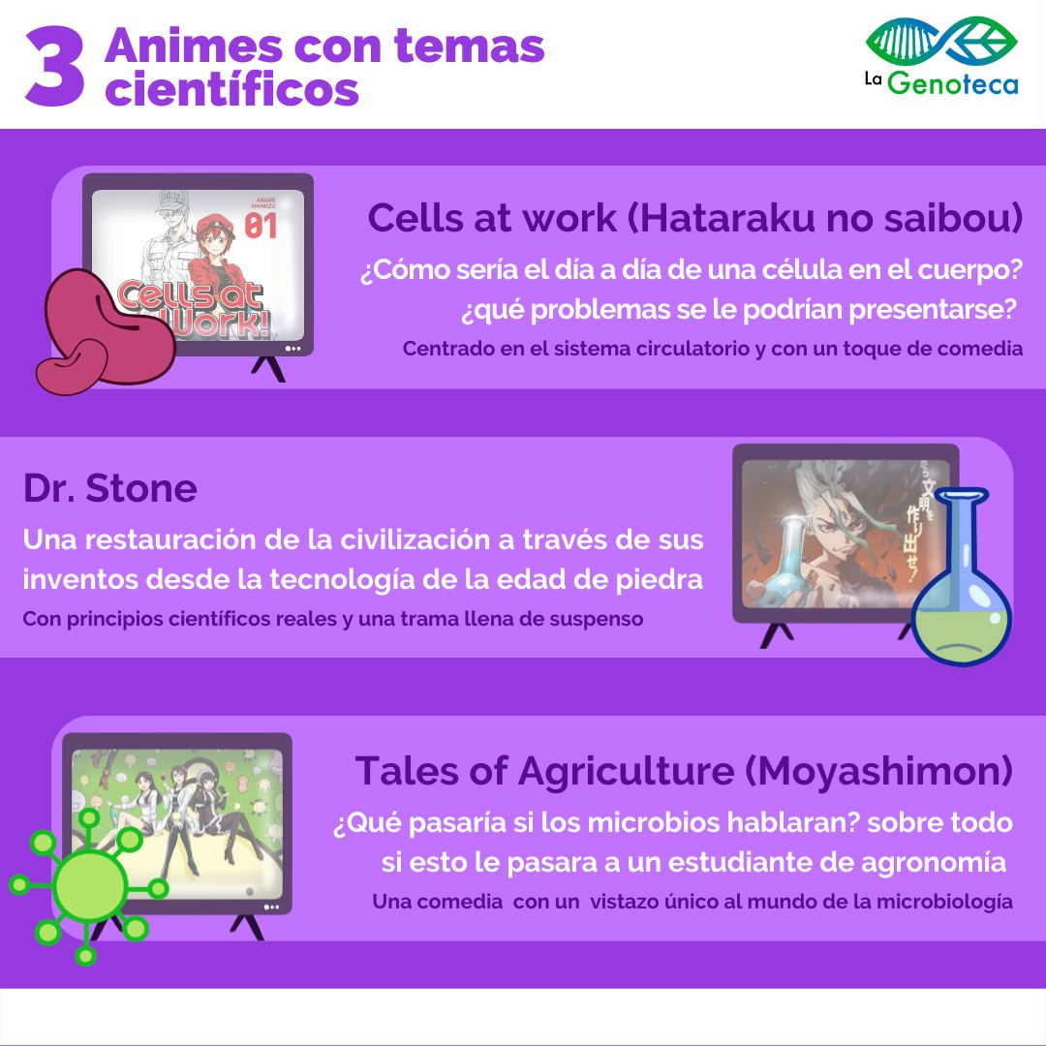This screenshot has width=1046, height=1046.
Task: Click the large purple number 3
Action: [55, 67]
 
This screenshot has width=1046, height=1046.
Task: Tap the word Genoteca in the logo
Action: [953, 82]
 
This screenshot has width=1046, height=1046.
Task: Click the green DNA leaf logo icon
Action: [941, 40]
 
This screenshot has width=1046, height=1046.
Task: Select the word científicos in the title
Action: [232, 89]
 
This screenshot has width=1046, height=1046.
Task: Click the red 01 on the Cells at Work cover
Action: [261, 226]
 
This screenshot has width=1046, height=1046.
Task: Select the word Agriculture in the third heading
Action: [627, 771]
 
